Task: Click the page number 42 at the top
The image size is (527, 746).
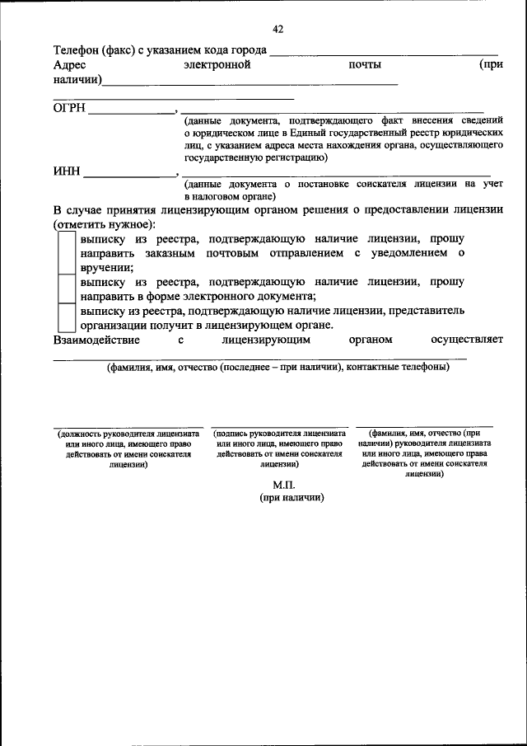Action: tap(277, 30)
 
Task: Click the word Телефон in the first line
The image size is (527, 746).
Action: tap(77, 50)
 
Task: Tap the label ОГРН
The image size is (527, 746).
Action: tap(69, 107)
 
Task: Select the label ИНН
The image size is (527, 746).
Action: tap(67, 172)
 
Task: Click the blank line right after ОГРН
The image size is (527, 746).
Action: tap(132, 110)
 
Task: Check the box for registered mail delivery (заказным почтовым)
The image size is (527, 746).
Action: tap(66, 252)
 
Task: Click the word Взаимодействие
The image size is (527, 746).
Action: tap(96, 339)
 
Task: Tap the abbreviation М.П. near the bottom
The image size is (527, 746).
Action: tap(284, 485)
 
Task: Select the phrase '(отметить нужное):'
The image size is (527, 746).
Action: tap(105, 224)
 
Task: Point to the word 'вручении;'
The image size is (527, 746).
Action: tap(107, 267)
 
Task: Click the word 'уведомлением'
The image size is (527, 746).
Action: tap(409, 252)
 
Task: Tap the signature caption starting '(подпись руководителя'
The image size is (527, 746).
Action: tap(279, 448)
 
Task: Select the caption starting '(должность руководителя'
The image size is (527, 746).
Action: tap(128, 448)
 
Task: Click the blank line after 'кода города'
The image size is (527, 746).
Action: tap(383, 54)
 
